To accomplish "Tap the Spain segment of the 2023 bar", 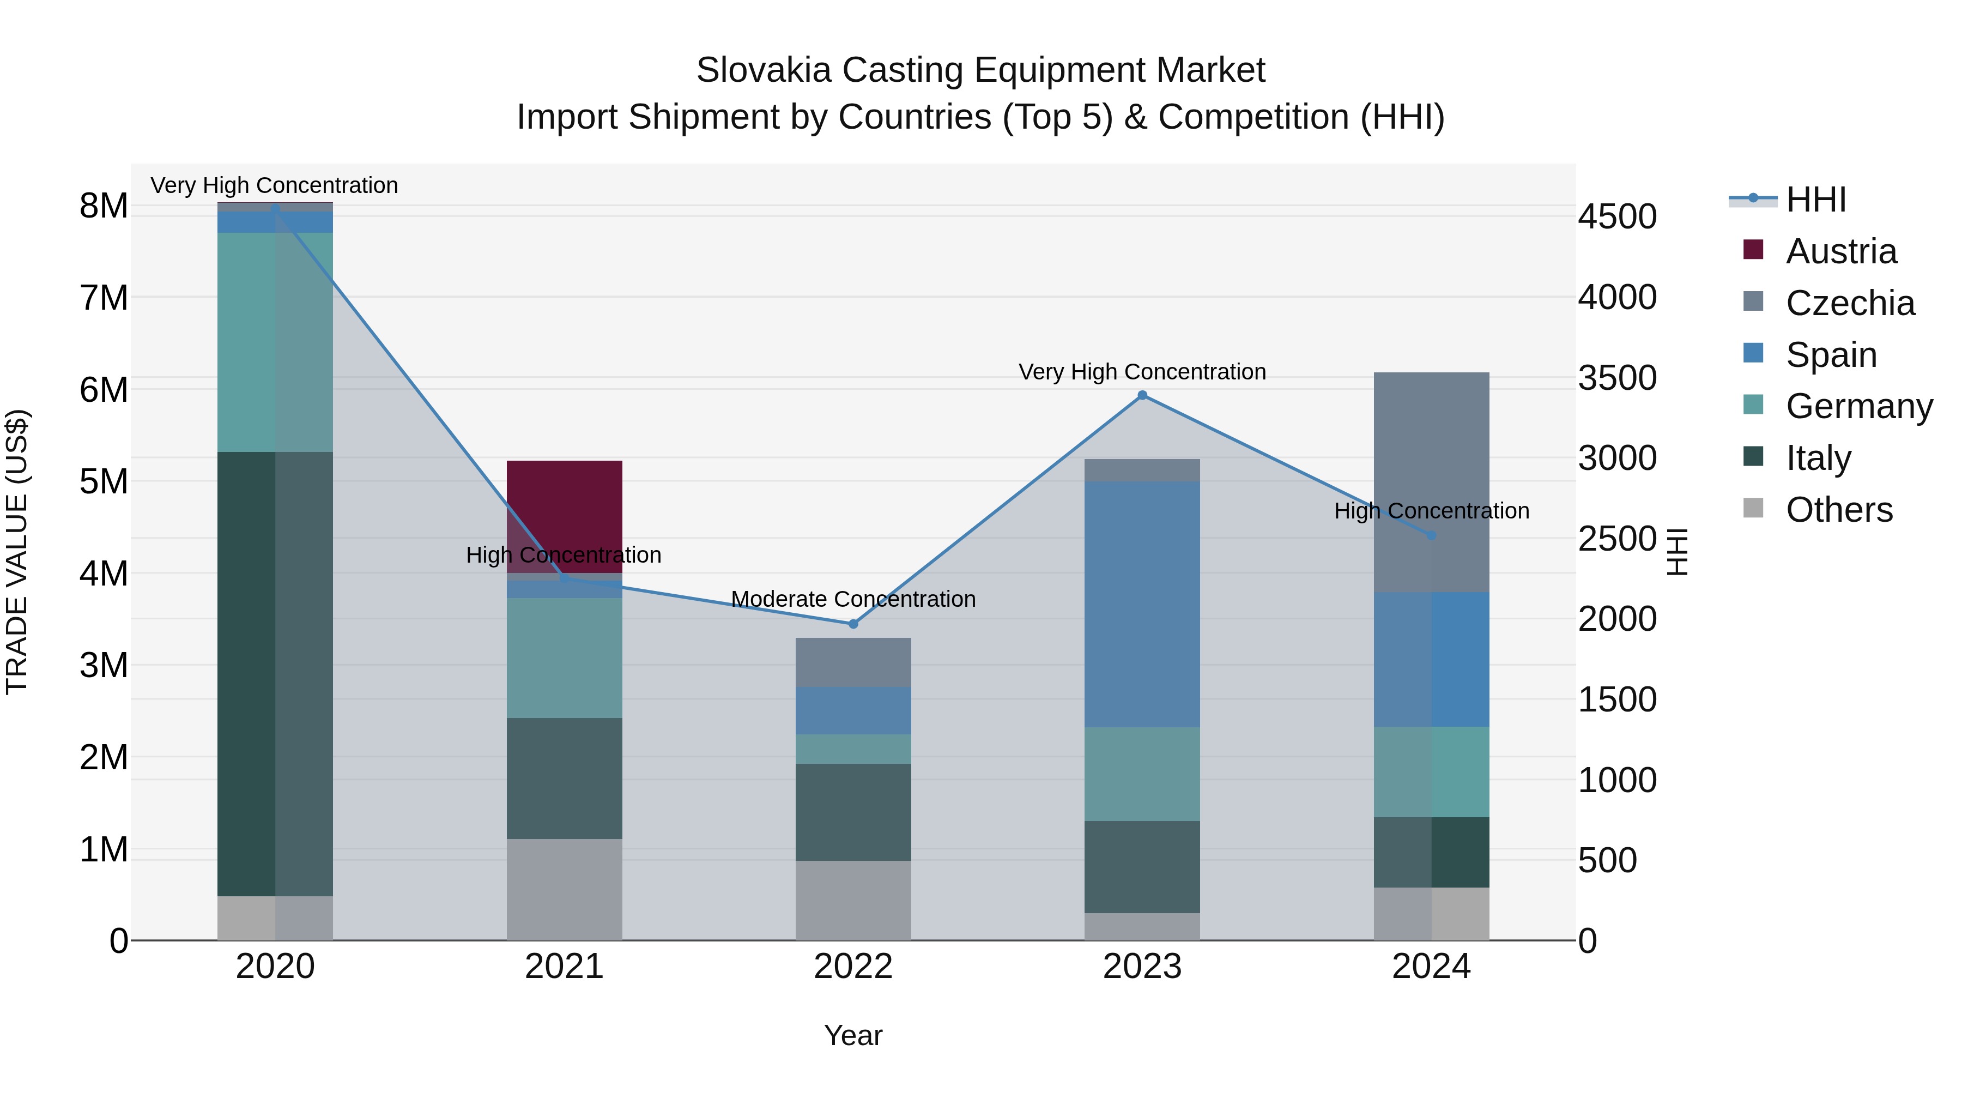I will coord(1142,604).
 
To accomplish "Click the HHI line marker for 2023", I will coord(1142,395).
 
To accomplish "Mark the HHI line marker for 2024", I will coord(1431,535).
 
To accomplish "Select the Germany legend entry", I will coord(1858,406).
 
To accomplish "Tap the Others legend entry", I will coord(1839,510).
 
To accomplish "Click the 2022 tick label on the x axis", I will coord(853,967).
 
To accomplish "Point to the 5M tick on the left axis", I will coord(104,481).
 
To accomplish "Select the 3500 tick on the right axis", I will coord(1616,378).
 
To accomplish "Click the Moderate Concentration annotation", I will coord(853,599).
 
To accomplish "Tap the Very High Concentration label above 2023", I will coord(1142,372).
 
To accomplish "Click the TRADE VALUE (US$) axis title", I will coord(17,552).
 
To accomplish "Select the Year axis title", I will coord(853,1035).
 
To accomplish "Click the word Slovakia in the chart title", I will coord(762,71).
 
